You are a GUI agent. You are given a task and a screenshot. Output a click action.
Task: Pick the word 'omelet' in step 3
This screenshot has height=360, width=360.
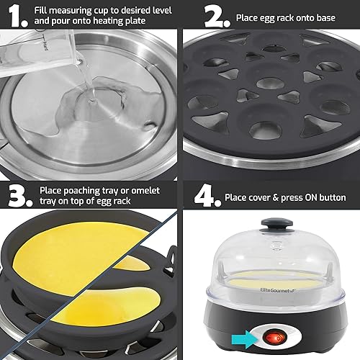point(152,189)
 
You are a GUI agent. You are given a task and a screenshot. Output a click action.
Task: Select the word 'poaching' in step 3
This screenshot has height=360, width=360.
point(85,189)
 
